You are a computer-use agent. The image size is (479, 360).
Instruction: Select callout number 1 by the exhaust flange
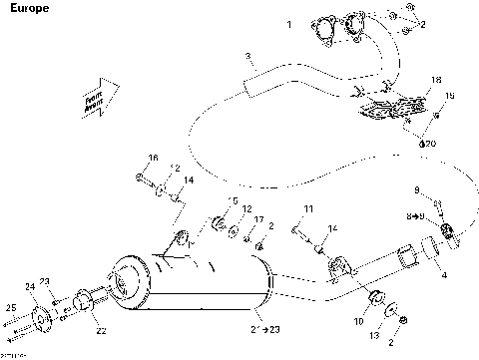point(289,23)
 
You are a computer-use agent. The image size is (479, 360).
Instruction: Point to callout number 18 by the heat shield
point(435,79)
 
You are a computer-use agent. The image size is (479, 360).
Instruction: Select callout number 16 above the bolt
point(153,158)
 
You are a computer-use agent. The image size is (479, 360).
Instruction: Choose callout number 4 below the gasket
point(443,273)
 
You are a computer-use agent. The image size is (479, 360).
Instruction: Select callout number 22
point(100,331)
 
